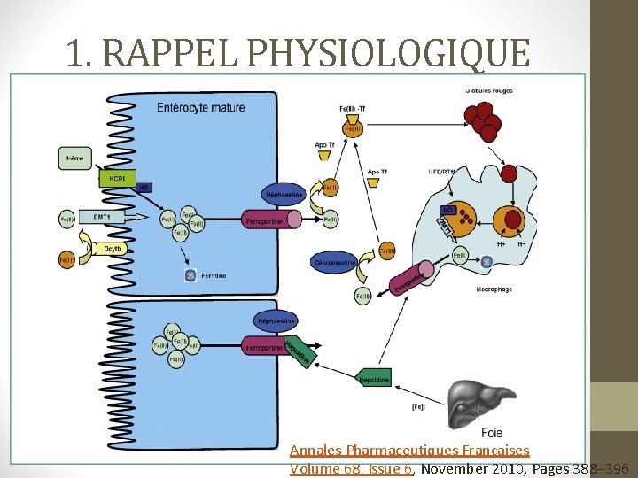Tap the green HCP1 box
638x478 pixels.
(117, 178)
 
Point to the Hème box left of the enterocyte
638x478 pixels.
(76, 159)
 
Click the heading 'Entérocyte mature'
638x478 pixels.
(200, 108)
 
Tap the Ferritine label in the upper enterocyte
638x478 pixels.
(213, 275)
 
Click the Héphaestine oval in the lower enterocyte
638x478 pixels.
(276, 319)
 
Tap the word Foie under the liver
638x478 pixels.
(492, 433)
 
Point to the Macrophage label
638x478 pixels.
(494, 289)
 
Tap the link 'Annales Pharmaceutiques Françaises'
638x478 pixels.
(409, 451)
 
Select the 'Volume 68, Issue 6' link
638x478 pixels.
(351, 468)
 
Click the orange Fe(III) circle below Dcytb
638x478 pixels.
(66, 260)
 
